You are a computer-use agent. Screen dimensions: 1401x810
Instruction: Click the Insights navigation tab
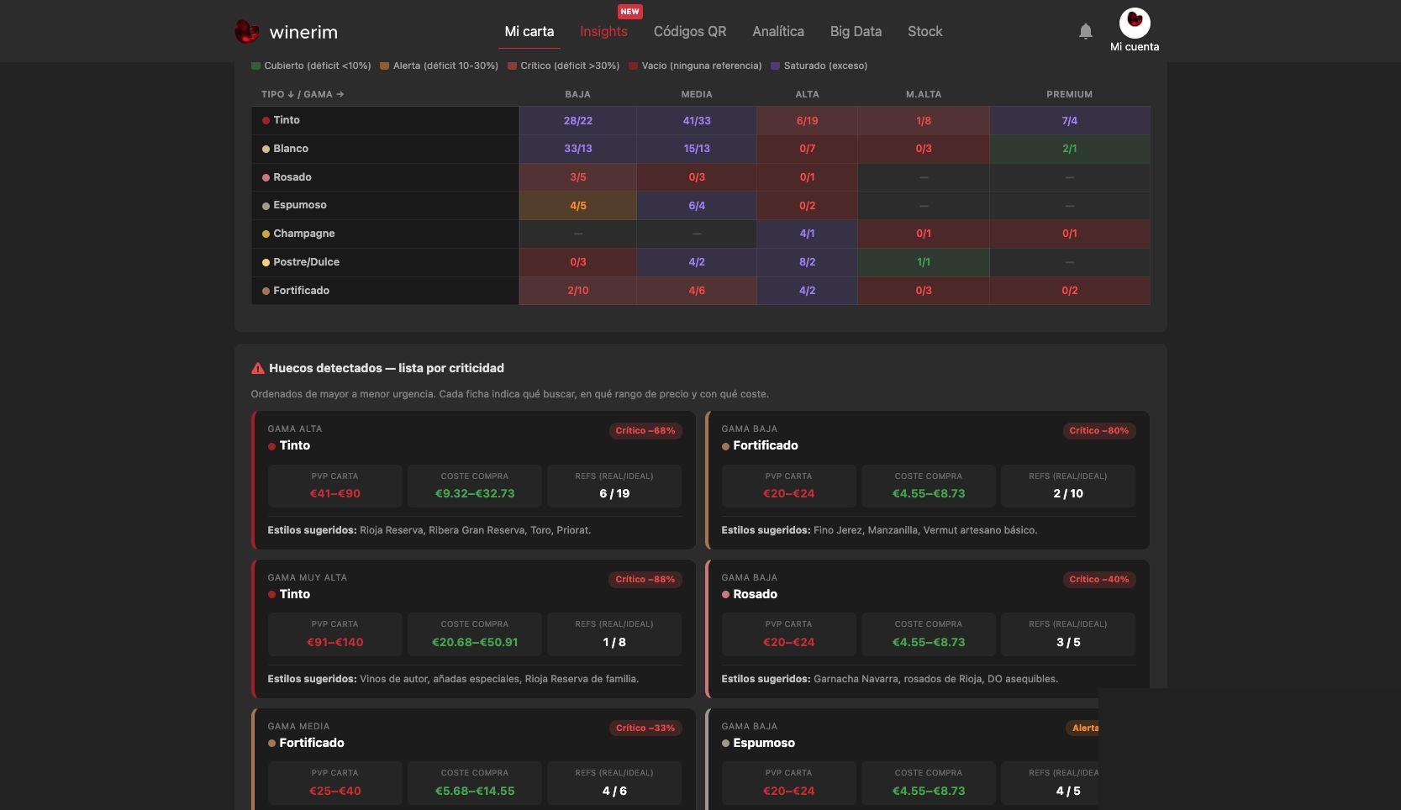(603, 31)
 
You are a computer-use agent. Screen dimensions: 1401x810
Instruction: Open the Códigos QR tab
(690, 31)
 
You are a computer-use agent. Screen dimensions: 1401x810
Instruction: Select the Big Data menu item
(856, 31)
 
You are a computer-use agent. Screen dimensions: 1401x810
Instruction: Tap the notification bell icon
(1085, 31)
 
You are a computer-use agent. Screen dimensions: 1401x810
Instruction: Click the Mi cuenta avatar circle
(1134, 24)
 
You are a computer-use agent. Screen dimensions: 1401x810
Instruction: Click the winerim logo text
(303, 32)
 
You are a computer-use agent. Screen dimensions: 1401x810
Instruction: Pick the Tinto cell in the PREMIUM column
(1070, 120)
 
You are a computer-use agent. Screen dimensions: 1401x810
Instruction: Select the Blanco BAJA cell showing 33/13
(577, 148)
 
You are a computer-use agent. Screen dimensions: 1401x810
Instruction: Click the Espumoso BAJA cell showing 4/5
(577, 205)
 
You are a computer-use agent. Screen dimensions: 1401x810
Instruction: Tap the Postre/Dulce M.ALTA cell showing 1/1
(923, 261)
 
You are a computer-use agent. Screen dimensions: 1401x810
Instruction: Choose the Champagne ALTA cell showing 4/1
(807, 234)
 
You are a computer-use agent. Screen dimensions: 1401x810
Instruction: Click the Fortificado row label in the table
(301, 290)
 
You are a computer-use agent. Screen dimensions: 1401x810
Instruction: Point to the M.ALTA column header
(923, 94)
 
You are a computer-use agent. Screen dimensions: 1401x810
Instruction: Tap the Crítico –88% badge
(645, 579)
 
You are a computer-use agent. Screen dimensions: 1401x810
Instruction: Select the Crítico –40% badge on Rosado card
(1099, 579)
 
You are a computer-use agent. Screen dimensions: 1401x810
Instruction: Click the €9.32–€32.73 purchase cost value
(475, 493)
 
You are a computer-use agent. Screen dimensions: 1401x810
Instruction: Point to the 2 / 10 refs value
(1067, 493)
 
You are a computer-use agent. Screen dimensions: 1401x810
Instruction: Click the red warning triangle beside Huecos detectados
(258, 368)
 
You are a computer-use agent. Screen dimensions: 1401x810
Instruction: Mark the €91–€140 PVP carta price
(334, 643)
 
